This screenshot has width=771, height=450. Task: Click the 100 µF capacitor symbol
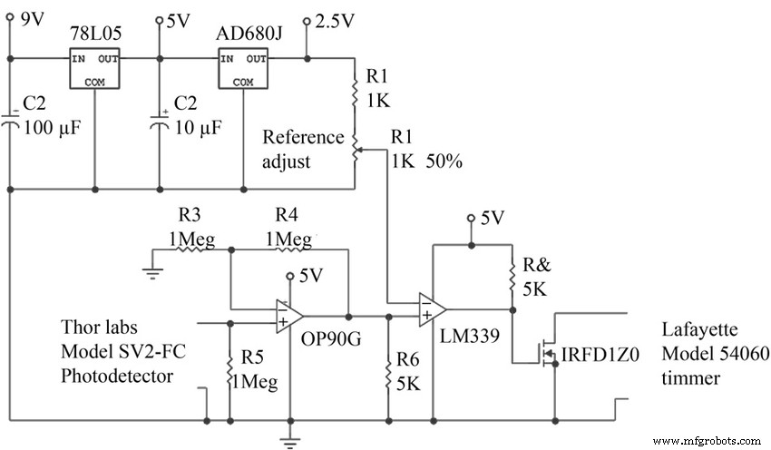(10, 123)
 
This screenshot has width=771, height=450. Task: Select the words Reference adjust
(303, 149)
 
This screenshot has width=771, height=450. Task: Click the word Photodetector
(116, 376)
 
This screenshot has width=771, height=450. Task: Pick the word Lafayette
(697, 332)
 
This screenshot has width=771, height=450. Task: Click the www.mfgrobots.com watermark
(707, 440)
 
